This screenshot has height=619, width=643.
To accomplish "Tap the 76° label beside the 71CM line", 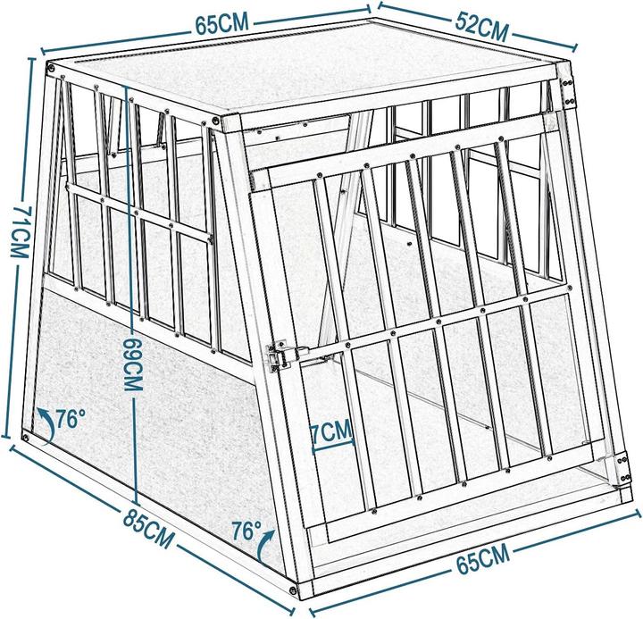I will [x=69, y=417].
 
